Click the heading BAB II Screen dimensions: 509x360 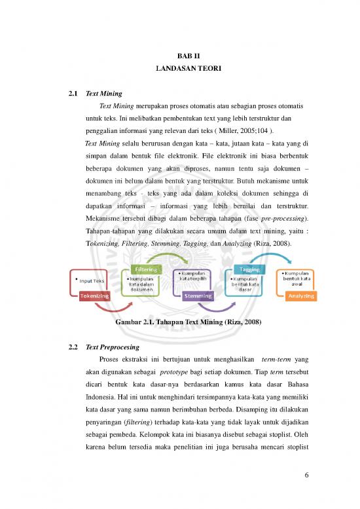pos(179,56)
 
